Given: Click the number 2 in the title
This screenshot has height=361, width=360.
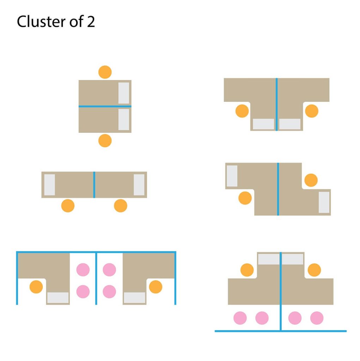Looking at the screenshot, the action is pos(91,22).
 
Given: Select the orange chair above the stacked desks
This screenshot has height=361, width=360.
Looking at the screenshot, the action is pos(105,72).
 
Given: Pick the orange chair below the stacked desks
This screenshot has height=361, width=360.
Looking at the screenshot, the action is pos(105,141).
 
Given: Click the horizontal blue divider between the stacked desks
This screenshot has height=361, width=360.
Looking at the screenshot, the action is pos(105,106).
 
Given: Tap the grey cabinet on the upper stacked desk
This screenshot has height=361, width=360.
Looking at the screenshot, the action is pos(124,93).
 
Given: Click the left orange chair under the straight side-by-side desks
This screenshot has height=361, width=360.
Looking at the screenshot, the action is pos(68,206).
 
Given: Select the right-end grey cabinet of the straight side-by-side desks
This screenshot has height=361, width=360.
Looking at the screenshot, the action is pos(139,185).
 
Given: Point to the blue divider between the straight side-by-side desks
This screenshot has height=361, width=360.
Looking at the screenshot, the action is pos(94,185).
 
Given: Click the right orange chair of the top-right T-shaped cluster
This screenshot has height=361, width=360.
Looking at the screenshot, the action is pos(312,111).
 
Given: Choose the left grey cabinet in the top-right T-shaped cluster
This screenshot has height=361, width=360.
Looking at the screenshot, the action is pos(263,124).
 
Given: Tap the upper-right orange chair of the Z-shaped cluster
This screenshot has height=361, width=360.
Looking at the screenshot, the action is pos(311,180).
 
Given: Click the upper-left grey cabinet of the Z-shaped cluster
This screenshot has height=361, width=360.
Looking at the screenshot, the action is pos(232,176).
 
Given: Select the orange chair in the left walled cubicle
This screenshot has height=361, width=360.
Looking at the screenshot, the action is pos(36,287).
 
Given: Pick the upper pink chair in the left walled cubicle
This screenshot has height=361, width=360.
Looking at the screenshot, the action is pos(83,270).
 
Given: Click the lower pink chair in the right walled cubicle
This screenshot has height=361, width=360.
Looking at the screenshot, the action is pos(109,292).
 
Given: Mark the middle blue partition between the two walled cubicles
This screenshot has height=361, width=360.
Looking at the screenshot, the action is pos(96,279).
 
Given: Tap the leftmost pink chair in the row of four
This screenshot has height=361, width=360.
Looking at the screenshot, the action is pos(240,318).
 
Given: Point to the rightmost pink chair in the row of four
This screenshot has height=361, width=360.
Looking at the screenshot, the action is pos(317,318).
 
